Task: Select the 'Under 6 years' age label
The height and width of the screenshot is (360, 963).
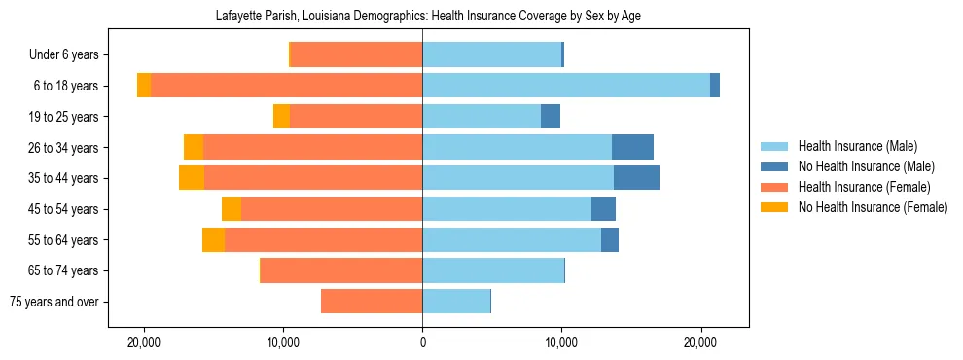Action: click(x=70, y=54)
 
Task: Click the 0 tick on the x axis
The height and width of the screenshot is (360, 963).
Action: click(x=422, y=343)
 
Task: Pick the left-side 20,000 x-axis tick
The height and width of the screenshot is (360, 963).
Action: click(x=144, y=343)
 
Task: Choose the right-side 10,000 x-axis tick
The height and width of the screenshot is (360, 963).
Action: click(x=561, y=343)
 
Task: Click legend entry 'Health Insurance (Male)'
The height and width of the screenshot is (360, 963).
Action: click(x=857, y=146)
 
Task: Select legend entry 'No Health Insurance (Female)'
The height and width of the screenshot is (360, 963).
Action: click(x=873, y=207)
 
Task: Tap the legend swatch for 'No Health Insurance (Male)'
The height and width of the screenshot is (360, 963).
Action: click(x=775, y=166)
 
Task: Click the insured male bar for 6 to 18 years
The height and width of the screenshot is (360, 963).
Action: click(x=566, y=86)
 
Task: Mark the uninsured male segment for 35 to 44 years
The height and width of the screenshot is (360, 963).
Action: click(x=636, y=178)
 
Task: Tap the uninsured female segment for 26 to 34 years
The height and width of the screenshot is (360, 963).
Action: click(x=194, y=147)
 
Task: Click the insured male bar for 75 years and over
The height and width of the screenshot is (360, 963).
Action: click(x=456, y=302)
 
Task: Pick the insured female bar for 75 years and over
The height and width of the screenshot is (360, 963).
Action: click(x=372, y=302)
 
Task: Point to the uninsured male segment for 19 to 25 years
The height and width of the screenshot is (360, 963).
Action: click(x=551, y=117)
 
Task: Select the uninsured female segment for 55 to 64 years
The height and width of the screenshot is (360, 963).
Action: click(x=213, y=239)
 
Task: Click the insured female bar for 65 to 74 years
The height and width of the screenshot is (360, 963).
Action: click(x=341, y=270)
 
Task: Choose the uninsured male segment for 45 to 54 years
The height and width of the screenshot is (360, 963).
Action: click(x=603, y=209)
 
